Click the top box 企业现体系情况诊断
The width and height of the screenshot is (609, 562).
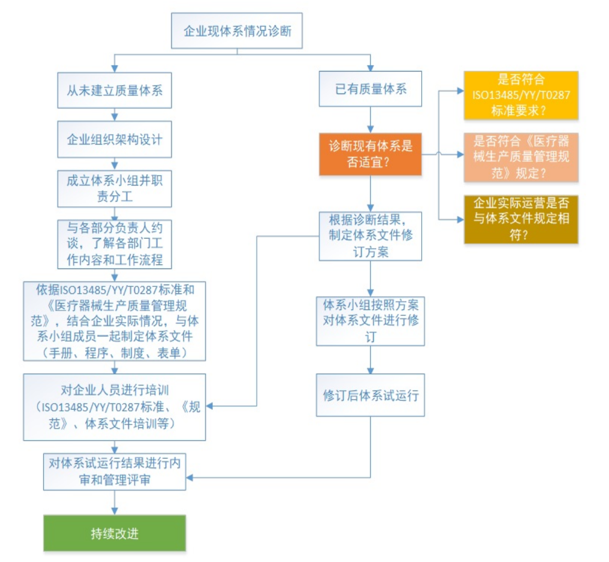(236, 31)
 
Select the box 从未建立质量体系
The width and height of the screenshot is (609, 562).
(114, 90)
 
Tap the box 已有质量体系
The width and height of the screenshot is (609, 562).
(370, 89)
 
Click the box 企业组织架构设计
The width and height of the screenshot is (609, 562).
(114, 139)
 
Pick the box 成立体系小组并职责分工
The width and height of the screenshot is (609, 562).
(114, 188)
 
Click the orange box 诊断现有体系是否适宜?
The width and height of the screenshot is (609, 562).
(370, 154)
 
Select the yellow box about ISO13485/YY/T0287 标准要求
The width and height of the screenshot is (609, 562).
(521, 95)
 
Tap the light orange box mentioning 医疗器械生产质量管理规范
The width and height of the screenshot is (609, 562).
(521, 157)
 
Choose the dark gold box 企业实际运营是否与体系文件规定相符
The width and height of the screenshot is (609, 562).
(521, 219)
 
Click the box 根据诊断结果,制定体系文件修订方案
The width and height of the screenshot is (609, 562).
(370, 235)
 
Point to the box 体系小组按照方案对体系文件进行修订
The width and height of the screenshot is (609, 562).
(370, 321)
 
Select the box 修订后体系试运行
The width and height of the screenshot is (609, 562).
(370, 395)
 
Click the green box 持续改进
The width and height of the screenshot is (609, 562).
(114, 533)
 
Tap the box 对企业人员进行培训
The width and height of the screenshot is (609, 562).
(114, 407)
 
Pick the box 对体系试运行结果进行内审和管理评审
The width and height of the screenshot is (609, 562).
(114, 471)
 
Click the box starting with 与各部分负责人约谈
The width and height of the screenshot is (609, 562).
(114, 244)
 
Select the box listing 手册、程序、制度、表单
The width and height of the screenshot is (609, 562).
(114, 321)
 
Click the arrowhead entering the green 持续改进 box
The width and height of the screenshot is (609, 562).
(114, 511)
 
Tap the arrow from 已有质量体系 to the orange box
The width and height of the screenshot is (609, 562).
(370, 120)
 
